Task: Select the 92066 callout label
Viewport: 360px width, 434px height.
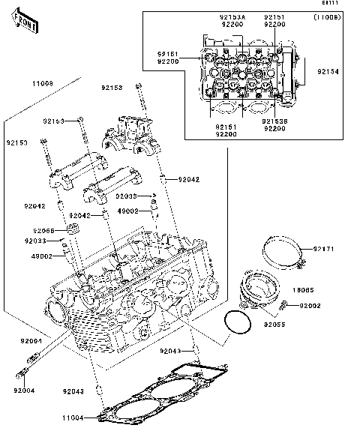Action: click(x=43, y=231)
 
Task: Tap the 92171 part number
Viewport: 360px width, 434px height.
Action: click(x=324, y=248)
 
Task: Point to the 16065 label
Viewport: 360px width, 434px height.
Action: click(x=323, y=289)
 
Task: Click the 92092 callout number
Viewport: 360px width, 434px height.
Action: click(x=331, y=306)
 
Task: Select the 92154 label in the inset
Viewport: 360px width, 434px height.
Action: click(x=328, y=72)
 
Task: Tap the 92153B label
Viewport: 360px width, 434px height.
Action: click(x=275, y=121)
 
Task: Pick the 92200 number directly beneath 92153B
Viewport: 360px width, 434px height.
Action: click(x=275, y=129)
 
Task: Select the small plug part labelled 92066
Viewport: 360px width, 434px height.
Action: click(x=73, y=228)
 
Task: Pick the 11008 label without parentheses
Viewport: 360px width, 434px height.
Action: click(x=42, y=84)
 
